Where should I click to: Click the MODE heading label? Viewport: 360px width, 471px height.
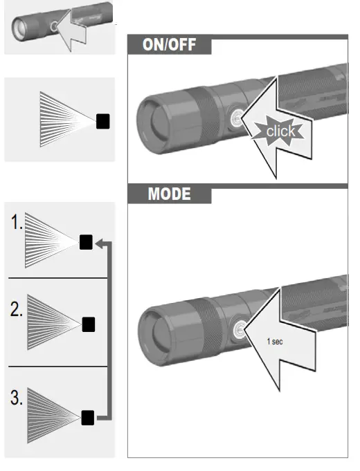click(x=168, y=194)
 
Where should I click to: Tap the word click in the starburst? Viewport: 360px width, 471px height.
click(x=280, y=131)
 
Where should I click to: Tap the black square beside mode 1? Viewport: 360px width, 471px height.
click(x=86, y=242)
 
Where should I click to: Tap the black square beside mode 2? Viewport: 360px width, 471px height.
click(x=88, y=323)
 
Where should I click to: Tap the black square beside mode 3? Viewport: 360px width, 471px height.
click(x=87, y=417)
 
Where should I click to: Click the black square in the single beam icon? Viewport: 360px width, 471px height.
click(x=102, y=121)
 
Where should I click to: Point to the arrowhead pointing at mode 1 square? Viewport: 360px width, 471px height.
click(x=98, y=243)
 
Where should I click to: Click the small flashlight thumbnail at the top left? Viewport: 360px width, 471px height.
click(x=35, y=27)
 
